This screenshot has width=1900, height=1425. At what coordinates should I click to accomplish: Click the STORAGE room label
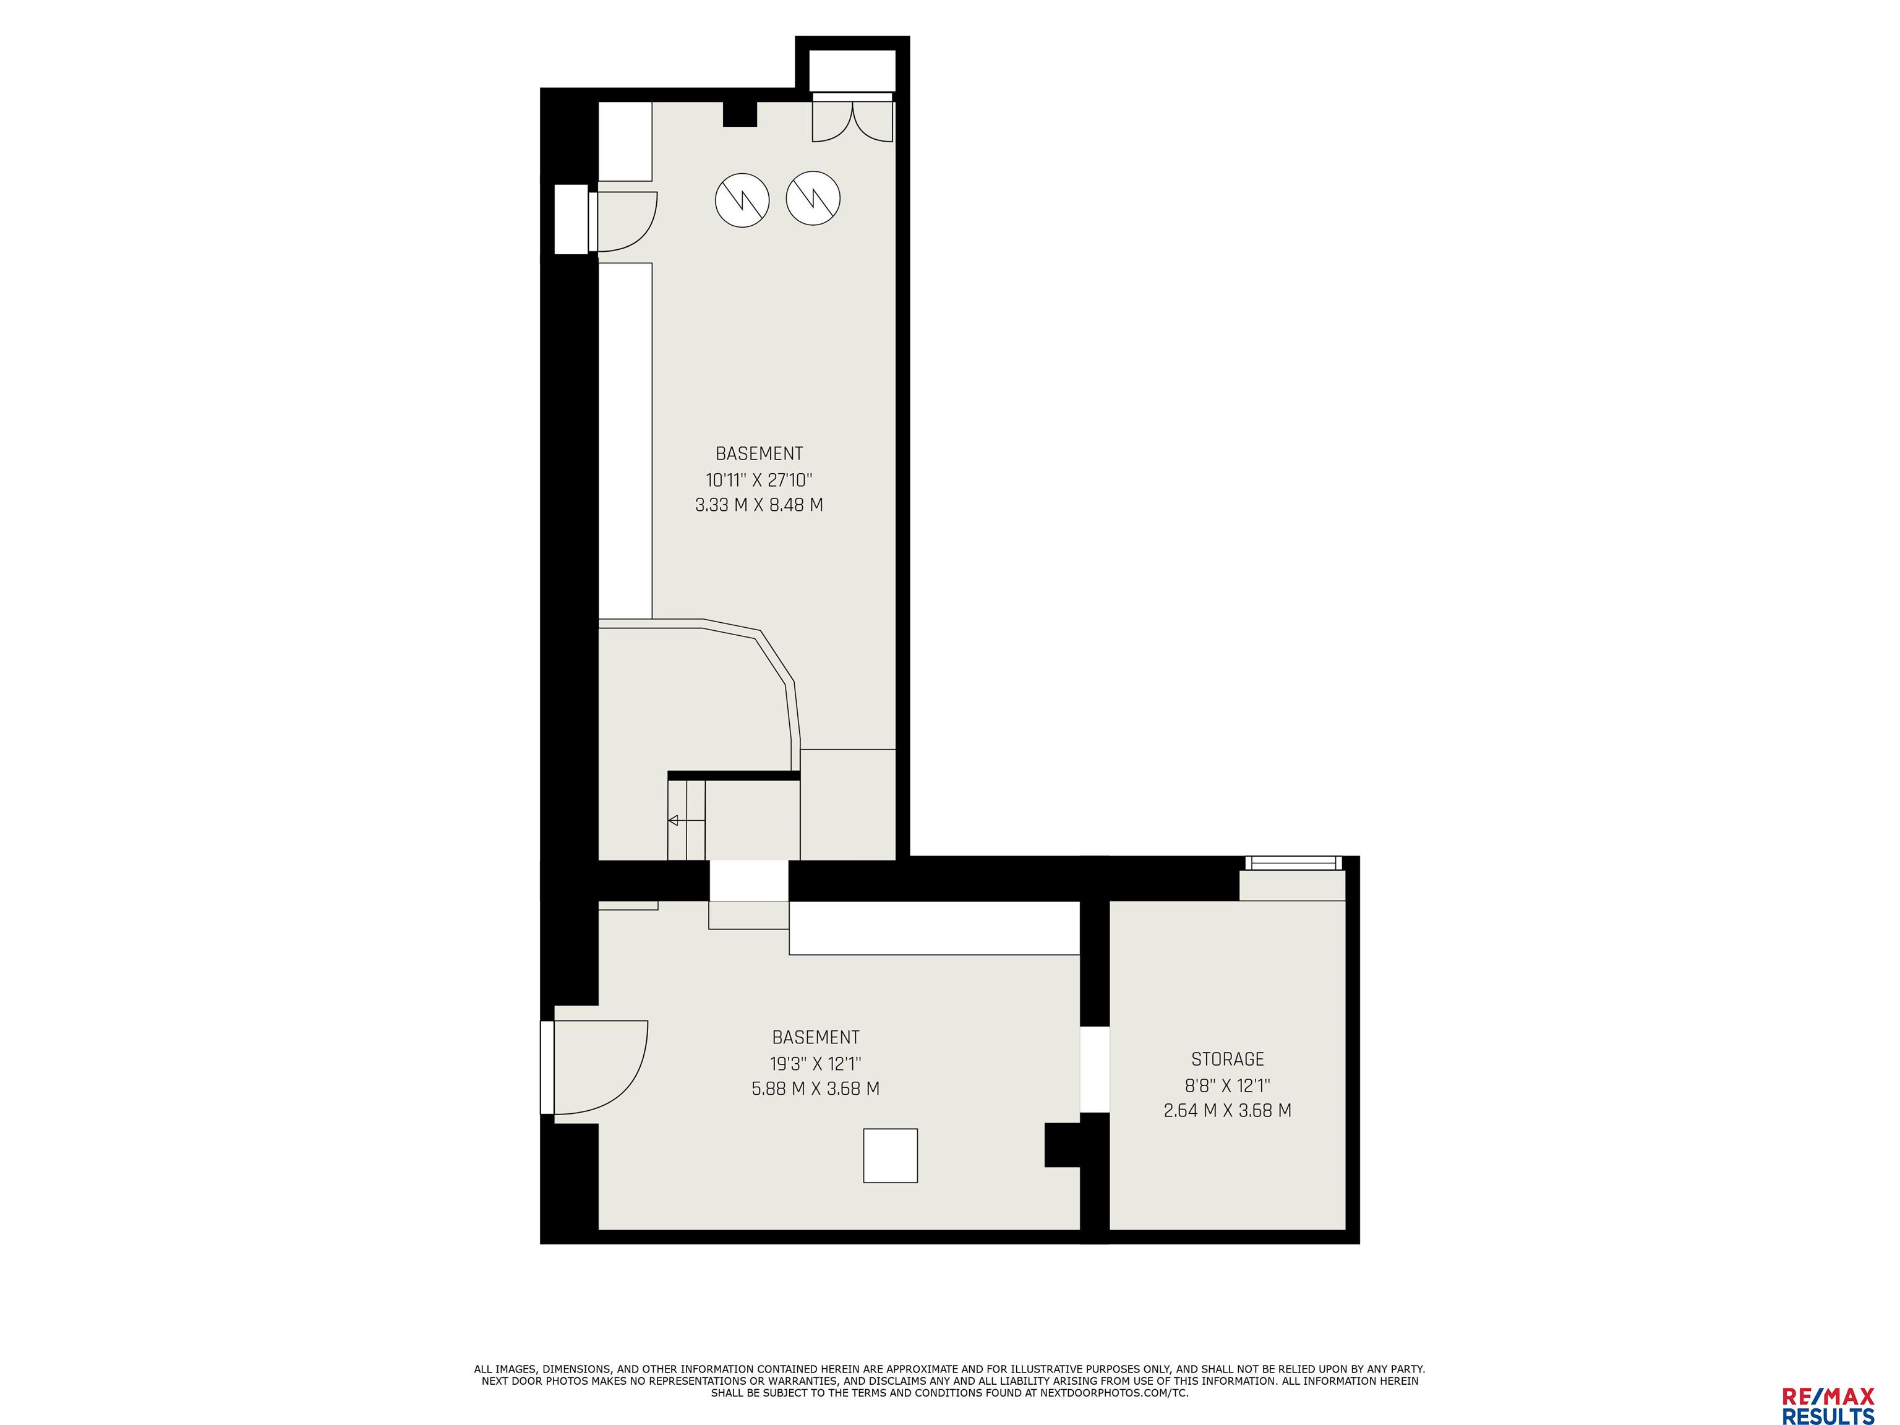pyautogui.click(x=1228, y=1059)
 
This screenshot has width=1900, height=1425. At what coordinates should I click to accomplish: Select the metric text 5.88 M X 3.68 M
pyautogui.click(x=815, y=1089)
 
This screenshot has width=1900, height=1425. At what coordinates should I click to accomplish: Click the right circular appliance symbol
pyautogui.click(x=813, y=199)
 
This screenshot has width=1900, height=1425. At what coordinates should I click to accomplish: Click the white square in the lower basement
pyautogui.click(x=891, y=1155)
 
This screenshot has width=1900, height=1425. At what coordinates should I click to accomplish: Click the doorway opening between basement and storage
pyautogui.click(x=1094, y=1069)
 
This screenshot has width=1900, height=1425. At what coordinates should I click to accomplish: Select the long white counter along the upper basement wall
pyautogui.click(x=625, y=440)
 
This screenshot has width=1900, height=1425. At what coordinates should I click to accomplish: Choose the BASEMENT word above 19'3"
pyautogui.click(x=816, y=1038)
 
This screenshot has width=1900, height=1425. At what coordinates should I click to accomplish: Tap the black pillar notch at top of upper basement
pyautogui.click(x=738, y=114)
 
